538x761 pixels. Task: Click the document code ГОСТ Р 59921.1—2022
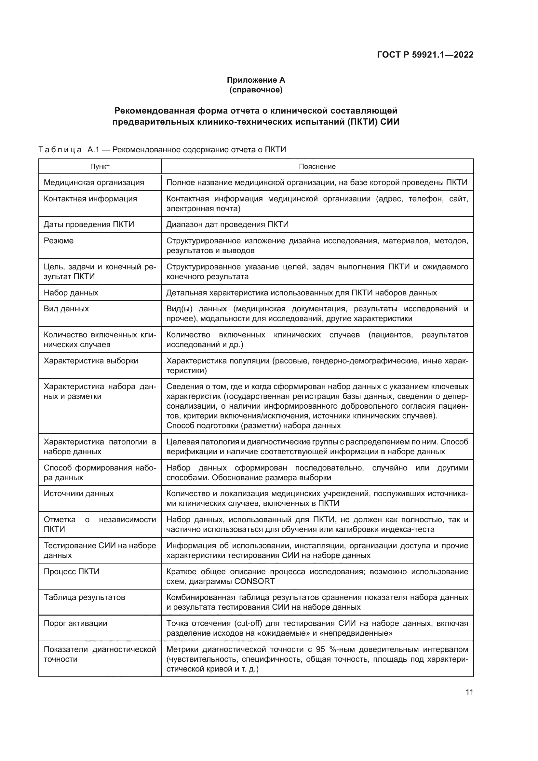[x=425, y=55]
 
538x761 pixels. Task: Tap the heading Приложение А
[x=256, y=80]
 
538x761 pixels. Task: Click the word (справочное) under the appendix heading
[x=256, y=90]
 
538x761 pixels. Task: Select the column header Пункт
[x=100, y=166]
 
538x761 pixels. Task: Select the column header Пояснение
[x=317, y=166]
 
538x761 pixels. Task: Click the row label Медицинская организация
[x=94, y=183]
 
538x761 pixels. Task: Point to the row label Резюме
[x=59, y=241]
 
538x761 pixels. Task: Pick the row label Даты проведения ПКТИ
[x=89, y=224]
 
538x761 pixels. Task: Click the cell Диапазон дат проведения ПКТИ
[x=227, y=224]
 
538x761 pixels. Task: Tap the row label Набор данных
[x=71, y=293]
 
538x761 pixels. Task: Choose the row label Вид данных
[x=66, y=308]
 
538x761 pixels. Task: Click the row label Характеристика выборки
[x=91, y=360]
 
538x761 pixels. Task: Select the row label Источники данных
[x=78, y=494]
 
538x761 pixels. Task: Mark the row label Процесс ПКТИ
[x=72, y=571]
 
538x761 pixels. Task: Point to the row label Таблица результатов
[x=85, y=597]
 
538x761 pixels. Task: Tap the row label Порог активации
[x=75, y=623]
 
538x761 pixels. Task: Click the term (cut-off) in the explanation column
[x=248, y=623]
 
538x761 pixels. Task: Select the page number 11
[x=469, y=692]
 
